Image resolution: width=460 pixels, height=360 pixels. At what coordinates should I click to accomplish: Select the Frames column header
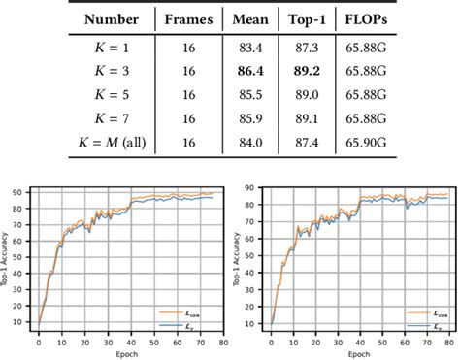click(x=188, y=18)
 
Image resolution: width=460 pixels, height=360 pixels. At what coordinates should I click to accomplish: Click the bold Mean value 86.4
click(x=250, y=71)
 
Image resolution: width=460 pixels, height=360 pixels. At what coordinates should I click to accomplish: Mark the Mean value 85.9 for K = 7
click(x=250, y=117)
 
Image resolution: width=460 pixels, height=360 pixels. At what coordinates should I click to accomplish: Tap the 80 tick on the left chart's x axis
click(x=224, y=342)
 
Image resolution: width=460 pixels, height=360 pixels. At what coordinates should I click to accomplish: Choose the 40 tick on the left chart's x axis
click(x=132, y=342)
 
